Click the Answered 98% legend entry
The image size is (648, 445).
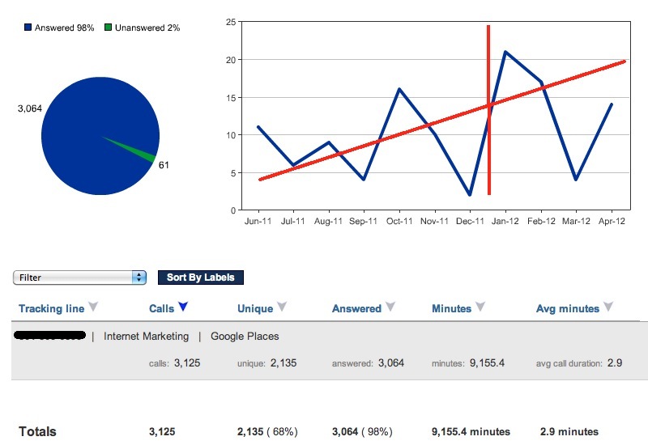pyautogui.click(x=59, y=28)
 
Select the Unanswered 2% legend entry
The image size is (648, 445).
pyautogui.click(x=143, y=28)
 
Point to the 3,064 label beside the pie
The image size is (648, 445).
pyautogui.click(x=30, y=108)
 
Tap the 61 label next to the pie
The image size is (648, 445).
pyautogui.click(x=164, y=165)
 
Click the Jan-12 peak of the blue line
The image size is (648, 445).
pyautogui.click(x=505, y=52)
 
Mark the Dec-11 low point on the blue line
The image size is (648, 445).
pyautogui.click(x=470, y=194)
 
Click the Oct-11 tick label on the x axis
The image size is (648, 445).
pyautogui.click(x=399, y=221)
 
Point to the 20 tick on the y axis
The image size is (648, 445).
pyautogui.click(x=231, y=60)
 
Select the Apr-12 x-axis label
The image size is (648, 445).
pyautogui.click(x=612, y=221)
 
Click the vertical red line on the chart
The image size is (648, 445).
pyautogui.click(x=488, y=110)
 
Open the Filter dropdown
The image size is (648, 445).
pyautogui.click(x=79, y=278)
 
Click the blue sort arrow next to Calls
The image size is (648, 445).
pyautogui.click(x=183, y=307)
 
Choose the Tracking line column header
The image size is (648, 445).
pyautogui.click(x=52, y=309)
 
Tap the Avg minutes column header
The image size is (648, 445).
pyautogui.click(x=568, y=309)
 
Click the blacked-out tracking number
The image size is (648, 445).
pyautogui.click(x=49, y=335)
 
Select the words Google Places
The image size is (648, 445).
pyautogui.click(x=245, y=337)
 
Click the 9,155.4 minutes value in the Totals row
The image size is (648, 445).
pyautogui.click(x=471, y=432)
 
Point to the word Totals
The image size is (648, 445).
pyautogui.click(x=37, y=432)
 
